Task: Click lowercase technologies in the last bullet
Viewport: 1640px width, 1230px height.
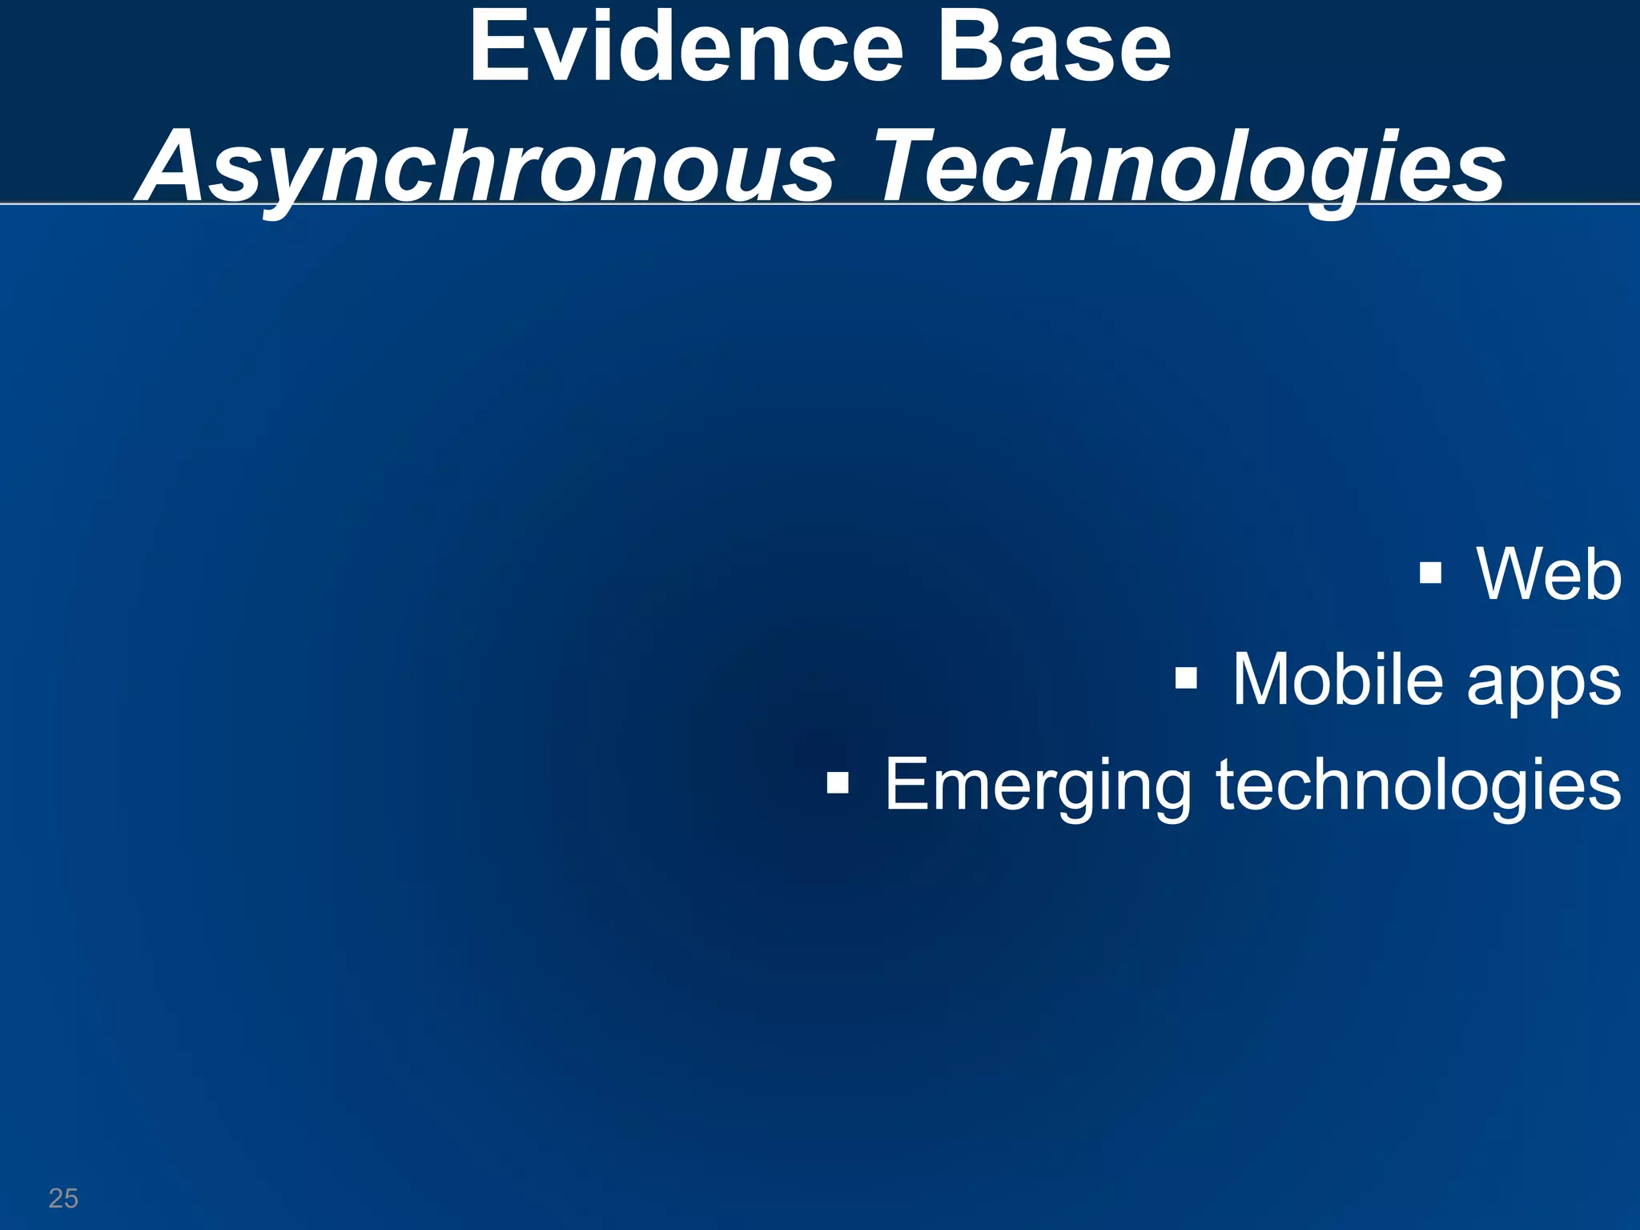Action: click(x=1418, y=786)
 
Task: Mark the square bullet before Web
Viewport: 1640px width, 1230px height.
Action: click(x=1430, y=573)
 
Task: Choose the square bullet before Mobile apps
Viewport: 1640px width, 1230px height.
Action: click(x=1186, y=679)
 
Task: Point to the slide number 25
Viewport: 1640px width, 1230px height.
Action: click(x=63, y=1198)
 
